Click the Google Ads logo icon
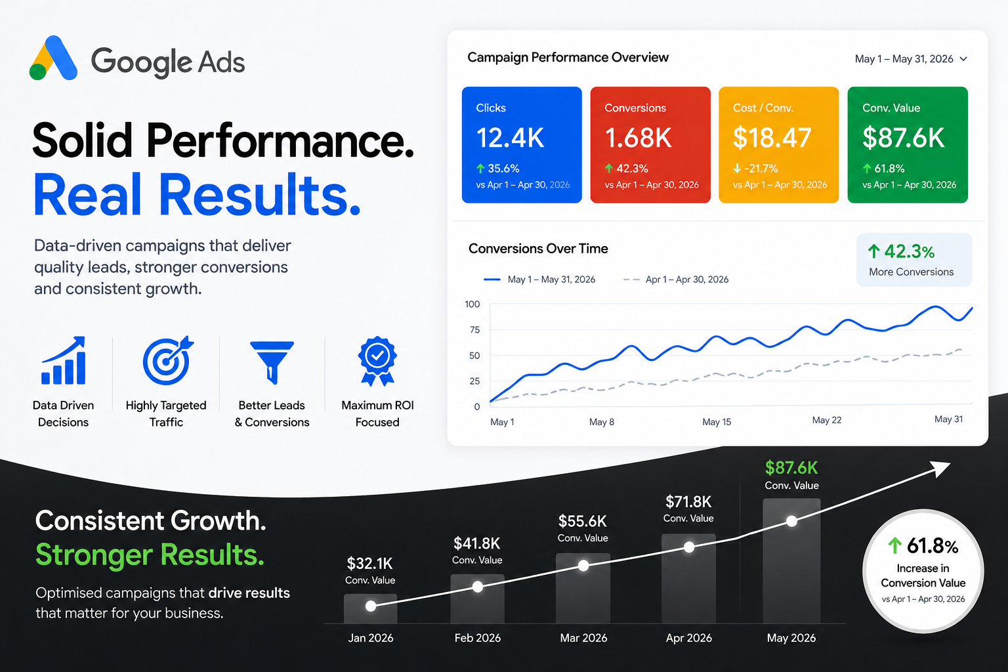tap(53, 58)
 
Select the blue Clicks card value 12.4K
tap(510, 138)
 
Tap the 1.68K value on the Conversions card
tap(638, 138)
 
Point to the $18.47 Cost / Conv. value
tap(772, 138)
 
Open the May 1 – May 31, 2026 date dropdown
tap(911, 59)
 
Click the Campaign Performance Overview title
tap(568, 58)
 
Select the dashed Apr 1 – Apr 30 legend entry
tap(675, 280)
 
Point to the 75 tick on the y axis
tap(474, 330)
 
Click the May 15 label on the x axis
tap(717, 422)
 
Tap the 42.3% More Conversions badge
tap(914, 260)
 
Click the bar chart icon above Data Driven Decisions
tap(64, 360)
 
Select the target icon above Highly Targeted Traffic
tap(168, 360)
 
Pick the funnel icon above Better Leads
tap(272, 362)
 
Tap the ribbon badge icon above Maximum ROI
tap(377, 362)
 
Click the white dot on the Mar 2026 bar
tap(583, 566)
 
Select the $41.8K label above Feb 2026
tap(477, 544)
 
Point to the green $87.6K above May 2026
tap(791, 468)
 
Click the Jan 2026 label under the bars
tap(370, 639)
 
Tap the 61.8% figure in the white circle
tap(923, 546)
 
